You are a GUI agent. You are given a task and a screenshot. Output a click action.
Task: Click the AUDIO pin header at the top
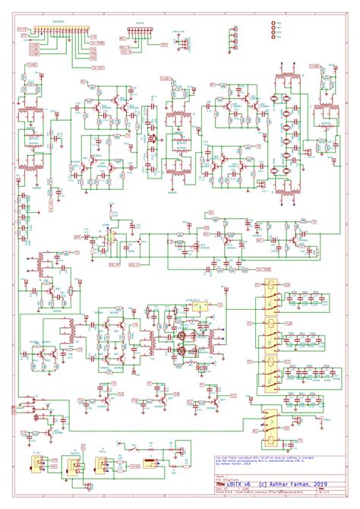[140, 35]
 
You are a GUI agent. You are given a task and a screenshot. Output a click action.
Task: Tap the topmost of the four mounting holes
[274, 24]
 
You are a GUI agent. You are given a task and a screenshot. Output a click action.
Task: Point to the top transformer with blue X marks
[287, 83]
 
